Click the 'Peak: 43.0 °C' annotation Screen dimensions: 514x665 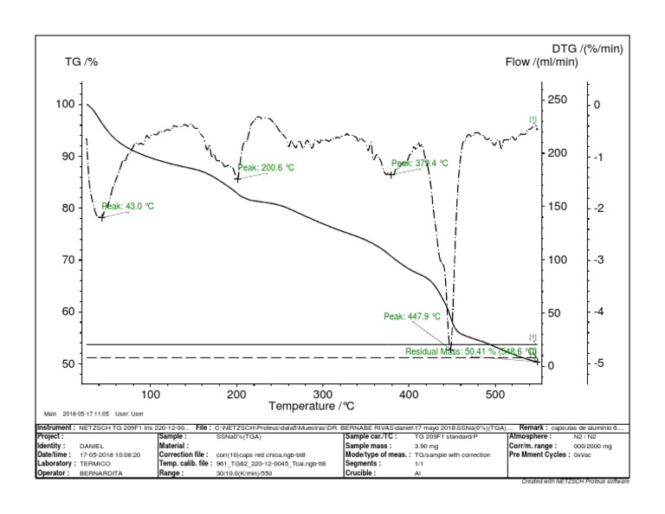click(127, 206)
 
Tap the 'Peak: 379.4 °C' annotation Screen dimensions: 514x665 click(420, 163)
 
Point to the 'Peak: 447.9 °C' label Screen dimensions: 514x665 click(412, 317)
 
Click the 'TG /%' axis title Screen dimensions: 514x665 click(81, 61)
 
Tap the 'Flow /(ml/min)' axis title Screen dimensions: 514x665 click(542, 61)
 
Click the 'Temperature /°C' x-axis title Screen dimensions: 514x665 click(312, 405)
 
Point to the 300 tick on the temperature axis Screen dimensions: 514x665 click(322, 395)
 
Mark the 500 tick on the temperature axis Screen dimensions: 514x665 click(495, 395)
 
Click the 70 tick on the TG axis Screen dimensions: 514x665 click(65, 260)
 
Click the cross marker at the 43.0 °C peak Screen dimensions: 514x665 click(102, 217)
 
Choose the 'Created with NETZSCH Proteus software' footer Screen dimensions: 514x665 click(576, 480)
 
